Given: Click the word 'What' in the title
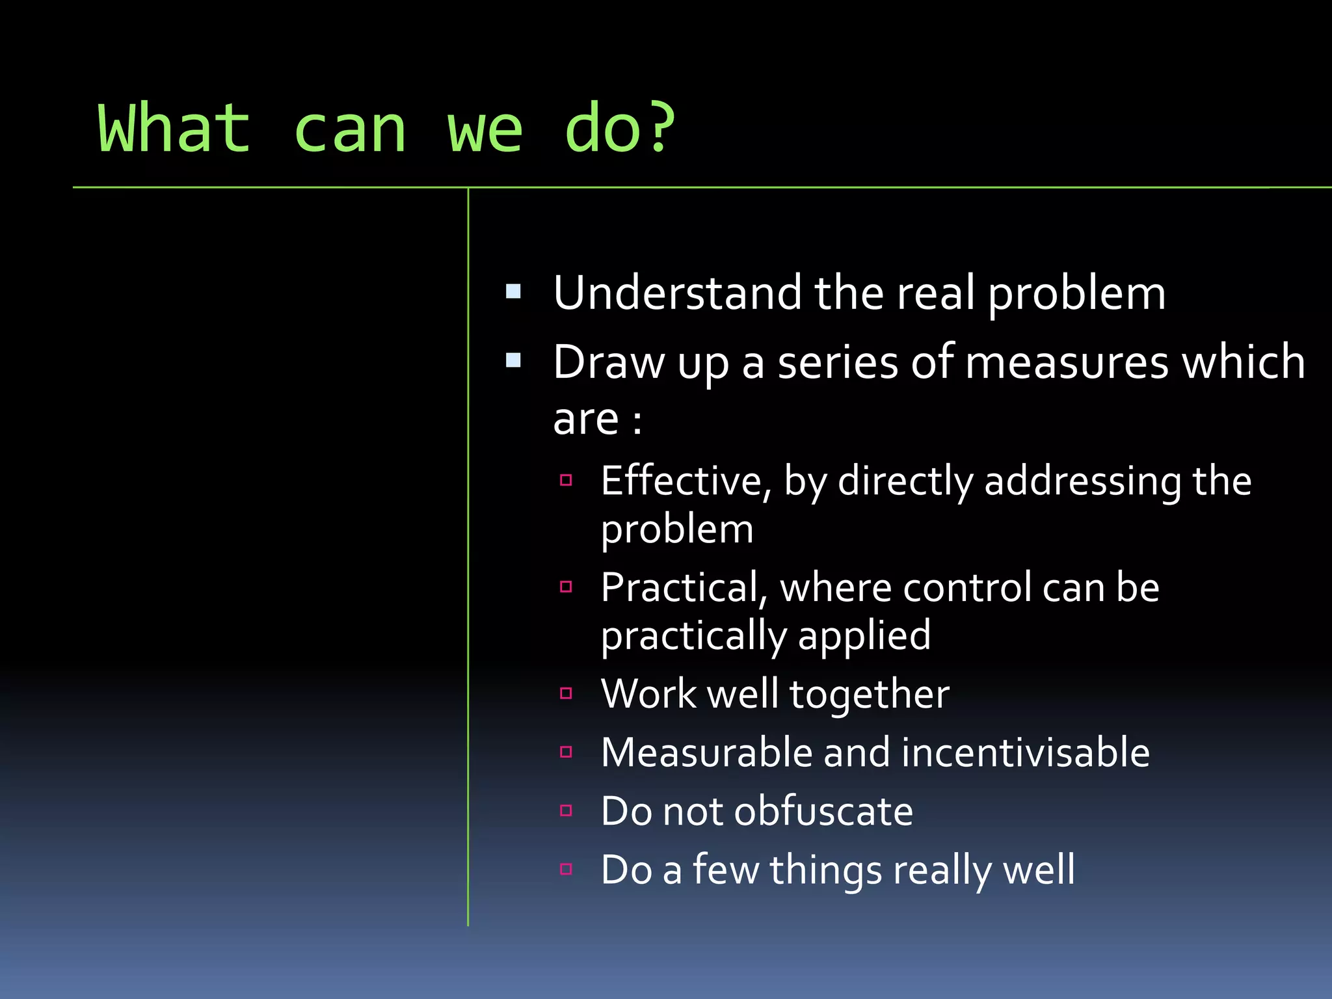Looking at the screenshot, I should [x=174, y=129].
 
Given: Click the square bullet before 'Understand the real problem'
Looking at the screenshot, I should [x=513, y=291].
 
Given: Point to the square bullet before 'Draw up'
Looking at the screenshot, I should [x=513, y=360].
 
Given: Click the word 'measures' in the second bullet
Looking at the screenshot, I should [x=1067, y=362].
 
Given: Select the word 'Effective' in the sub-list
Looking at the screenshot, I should [x=680, y=481].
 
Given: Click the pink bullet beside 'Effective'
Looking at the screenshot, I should [x=566, y=481].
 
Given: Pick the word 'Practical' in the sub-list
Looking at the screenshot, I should [x=680, y=588].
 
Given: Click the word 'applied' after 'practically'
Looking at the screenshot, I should [x=864, y=637].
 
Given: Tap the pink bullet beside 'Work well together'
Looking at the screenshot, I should [x=566, y=693].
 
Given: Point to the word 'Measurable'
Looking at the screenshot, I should [x=706, y=753].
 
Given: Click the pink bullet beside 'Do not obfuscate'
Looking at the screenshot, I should [x=566, y=810].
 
